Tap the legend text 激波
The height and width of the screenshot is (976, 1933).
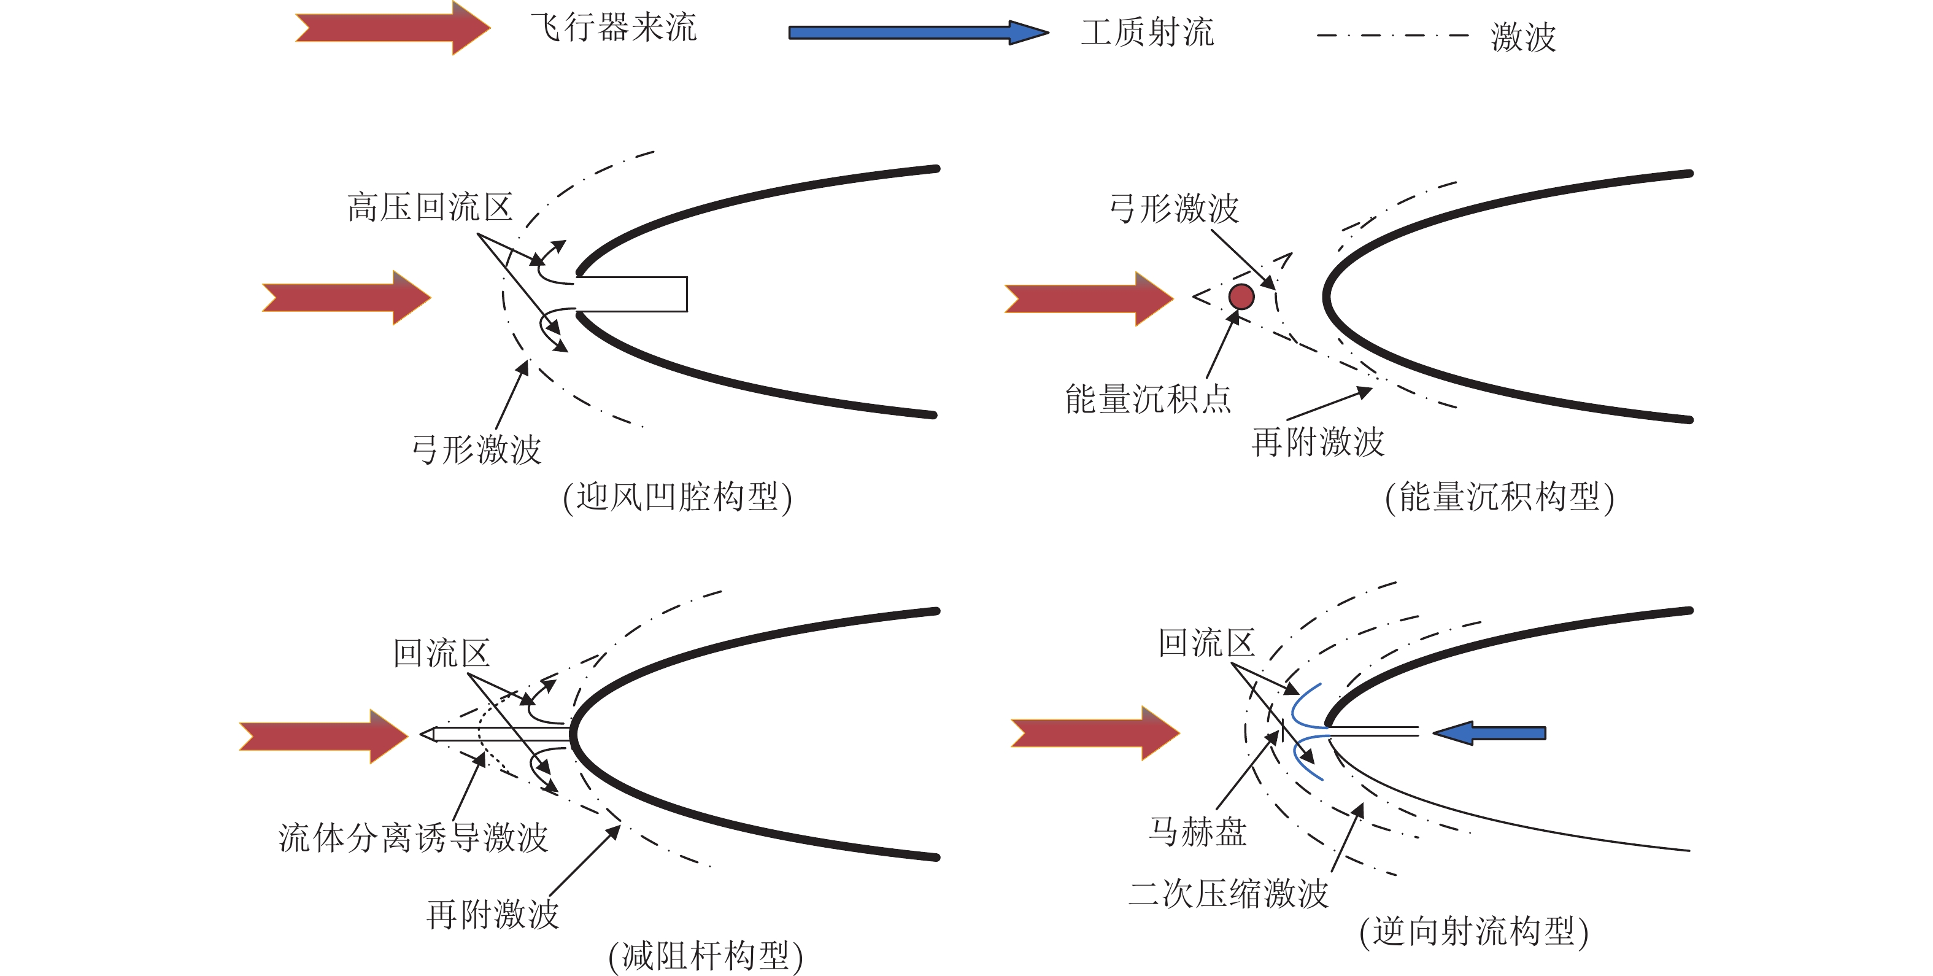pos(1522,36)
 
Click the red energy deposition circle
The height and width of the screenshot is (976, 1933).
pos(1241,296)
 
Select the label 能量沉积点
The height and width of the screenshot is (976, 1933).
pos(1148,398)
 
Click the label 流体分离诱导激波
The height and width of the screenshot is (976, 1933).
pos(413,837)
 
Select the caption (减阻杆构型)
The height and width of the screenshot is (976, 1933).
pos(704,956)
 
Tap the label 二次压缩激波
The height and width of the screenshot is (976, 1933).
pos(1228,893)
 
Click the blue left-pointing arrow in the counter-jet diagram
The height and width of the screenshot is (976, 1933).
pos(1489,733)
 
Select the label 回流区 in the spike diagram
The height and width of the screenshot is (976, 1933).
pos(441,653)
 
